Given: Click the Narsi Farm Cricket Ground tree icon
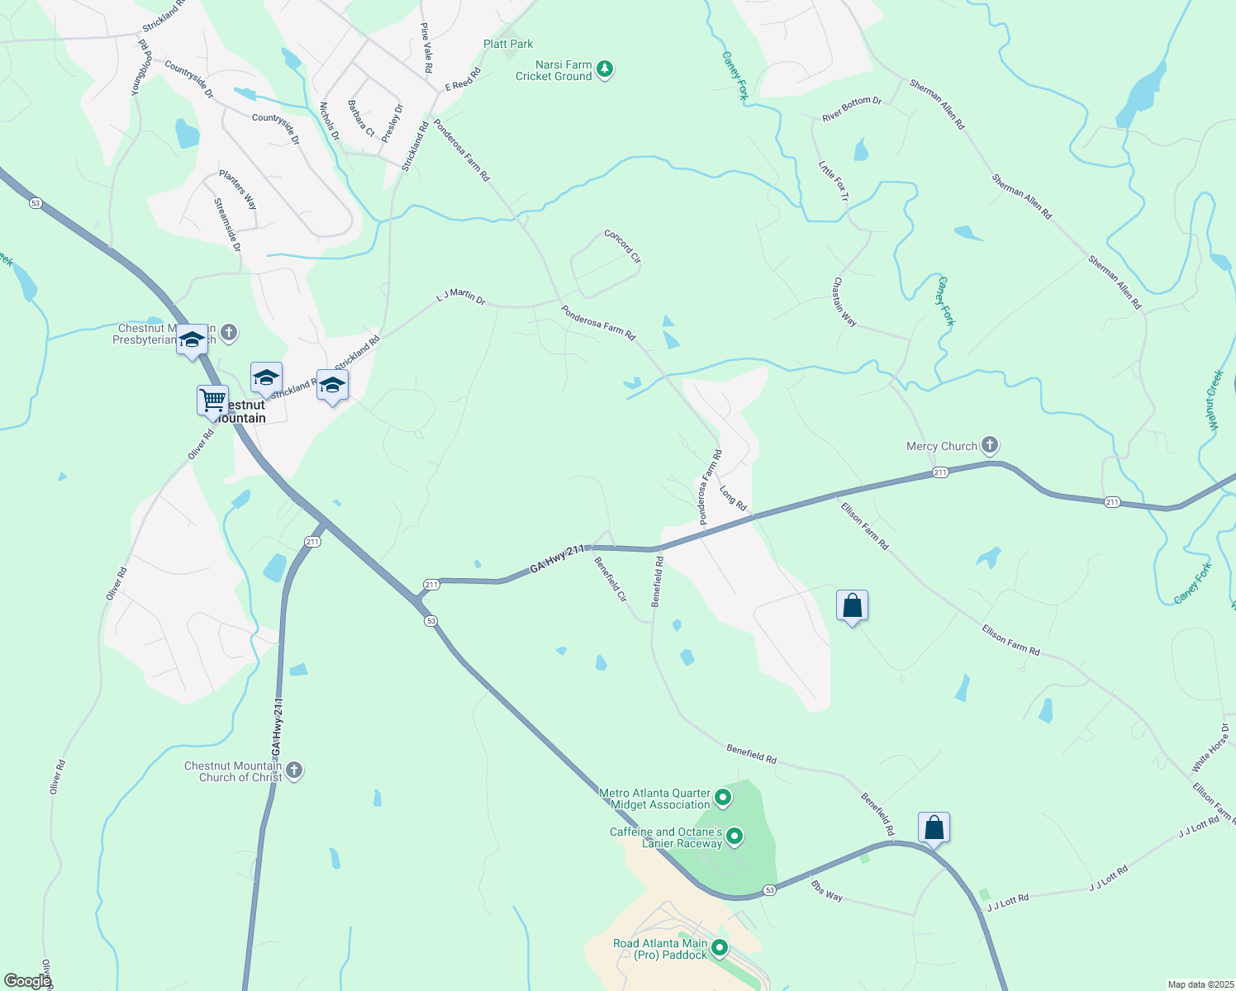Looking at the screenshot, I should (x=605, y=69).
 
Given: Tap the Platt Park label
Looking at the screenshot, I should (x=508, y=44).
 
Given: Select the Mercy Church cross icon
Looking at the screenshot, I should (x=989, y=445).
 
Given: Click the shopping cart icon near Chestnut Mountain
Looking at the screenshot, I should (x=212, y=401).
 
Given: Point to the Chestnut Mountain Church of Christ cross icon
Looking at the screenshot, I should (x=293, y=771).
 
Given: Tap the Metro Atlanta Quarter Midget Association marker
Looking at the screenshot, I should (x=723, y=798).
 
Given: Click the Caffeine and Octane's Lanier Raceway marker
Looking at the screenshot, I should (x=734, y=837).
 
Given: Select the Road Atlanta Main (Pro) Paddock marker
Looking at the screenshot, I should (x=720, y=948).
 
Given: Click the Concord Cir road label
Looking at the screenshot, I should (x=623, y=246).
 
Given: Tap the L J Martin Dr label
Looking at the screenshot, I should (x=460, y=296).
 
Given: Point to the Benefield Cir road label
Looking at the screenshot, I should (x=611, y=578).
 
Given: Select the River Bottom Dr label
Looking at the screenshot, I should (x=852, y=109).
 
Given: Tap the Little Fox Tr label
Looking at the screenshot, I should (x=833, y=181).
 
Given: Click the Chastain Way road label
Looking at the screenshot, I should (x=844, y=301).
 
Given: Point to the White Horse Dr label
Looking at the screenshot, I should (x=1210, y=748).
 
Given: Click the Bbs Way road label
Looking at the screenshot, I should (x=826, y=891).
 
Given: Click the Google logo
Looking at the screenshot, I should (x=26, y=980).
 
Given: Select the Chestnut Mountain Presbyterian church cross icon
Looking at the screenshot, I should (x=229, y=333).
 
